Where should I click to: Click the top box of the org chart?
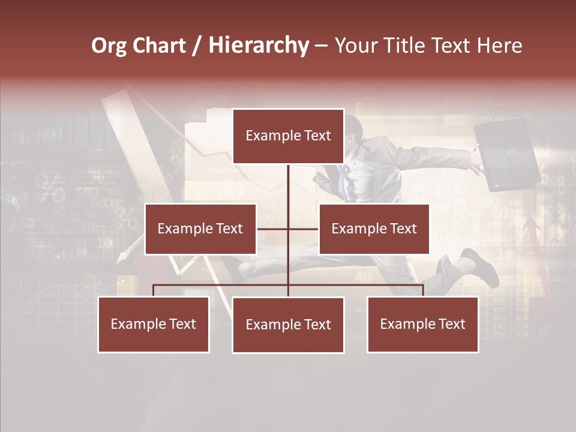tap(288, 136)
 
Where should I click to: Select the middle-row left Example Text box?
tap(200, 229)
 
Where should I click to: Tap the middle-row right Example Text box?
tap(374, 229)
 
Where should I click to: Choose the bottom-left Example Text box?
tap(153, 324)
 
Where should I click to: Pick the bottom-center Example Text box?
tap(288, 325)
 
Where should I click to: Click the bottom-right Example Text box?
tap(422, 324)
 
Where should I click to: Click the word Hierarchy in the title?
tap(259, 46)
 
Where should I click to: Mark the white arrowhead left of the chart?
tap(122, 257)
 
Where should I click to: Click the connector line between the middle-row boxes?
tap(288, 229)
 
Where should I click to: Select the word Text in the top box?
tap(316, 136)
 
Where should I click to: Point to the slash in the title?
tap(197, 46)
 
